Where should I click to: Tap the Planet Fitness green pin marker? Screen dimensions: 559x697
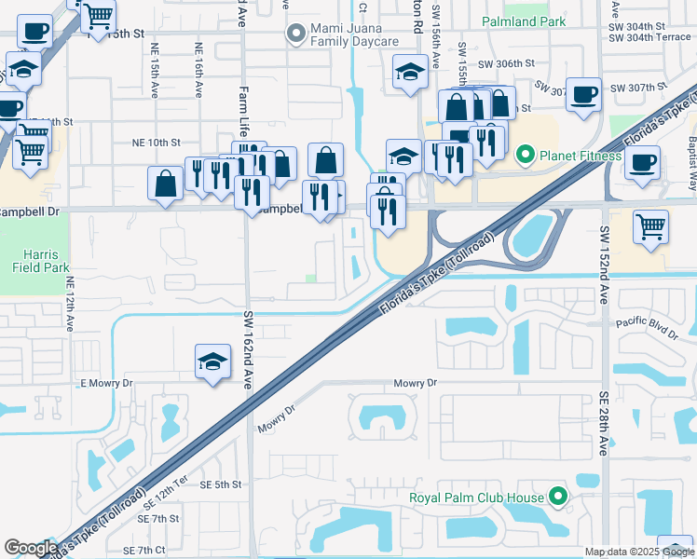point(525,156)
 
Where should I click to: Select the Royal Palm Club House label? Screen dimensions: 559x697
point(476,498)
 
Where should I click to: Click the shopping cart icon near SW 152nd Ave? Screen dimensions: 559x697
point(650,226)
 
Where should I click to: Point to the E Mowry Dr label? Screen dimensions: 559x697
point(107,383)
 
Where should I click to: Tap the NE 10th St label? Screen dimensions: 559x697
point(155,143)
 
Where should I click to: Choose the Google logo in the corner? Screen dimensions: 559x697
point(31,548)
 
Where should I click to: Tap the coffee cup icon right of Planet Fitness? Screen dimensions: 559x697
point(643,162)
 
